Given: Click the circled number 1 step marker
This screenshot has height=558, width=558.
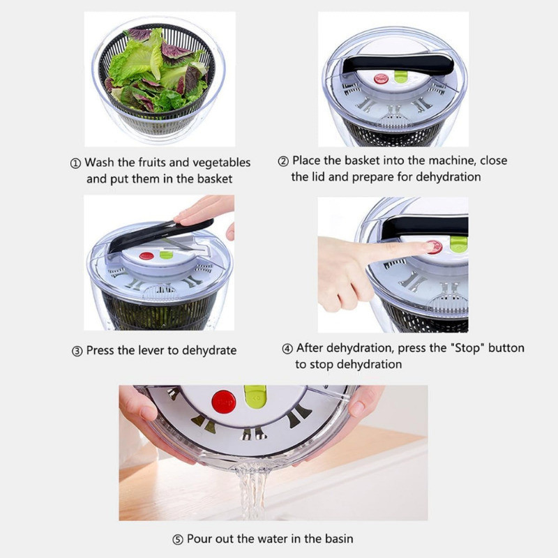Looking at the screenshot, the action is pos(75,164).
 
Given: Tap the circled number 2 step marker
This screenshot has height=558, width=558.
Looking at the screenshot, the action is pos(283,162).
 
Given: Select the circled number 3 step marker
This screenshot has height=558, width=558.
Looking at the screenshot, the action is pos(77,352).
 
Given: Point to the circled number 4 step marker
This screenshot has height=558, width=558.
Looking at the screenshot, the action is pos(287,349).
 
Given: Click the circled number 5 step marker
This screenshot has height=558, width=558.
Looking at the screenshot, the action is pos(178,540).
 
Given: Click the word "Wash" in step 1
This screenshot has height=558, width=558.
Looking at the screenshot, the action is pos(99,163).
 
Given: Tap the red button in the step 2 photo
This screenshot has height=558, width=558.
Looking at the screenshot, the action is pos(381,79).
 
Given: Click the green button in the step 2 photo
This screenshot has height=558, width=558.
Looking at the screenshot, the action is pos(400,77).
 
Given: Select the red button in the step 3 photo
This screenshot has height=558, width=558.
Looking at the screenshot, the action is pos(146,256).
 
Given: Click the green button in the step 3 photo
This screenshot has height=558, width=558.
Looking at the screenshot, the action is pos(166,255).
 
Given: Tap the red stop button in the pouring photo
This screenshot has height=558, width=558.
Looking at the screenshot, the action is pos(223,402).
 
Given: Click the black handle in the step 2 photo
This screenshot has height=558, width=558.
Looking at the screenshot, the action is pos(398,65).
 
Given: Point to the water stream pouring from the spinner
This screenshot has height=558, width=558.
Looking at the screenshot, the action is pos(252,490).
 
